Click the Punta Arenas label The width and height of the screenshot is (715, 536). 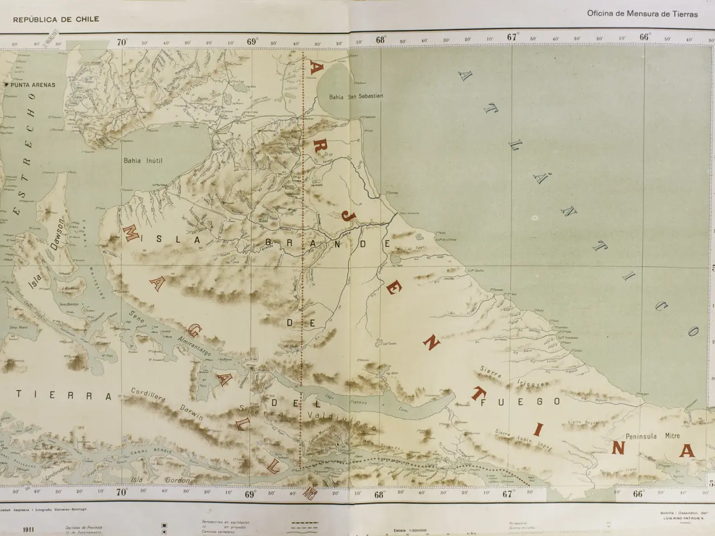coord(32,85)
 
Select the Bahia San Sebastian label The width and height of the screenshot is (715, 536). coord(356,97)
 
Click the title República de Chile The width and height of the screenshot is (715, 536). coord(56,19)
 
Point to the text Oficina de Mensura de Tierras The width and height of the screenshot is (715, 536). coord(642,15)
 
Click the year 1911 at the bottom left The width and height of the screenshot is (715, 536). coord(31,529)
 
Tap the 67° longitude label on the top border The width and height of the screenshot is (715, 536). coord(513,37)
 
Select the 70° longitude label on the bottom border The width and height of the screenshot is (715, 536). coord(122,492)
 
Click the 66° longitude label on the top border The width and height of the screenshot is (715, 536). coord(645,37)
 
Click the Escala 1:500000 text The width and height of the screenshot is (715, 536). coord(410,530)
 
